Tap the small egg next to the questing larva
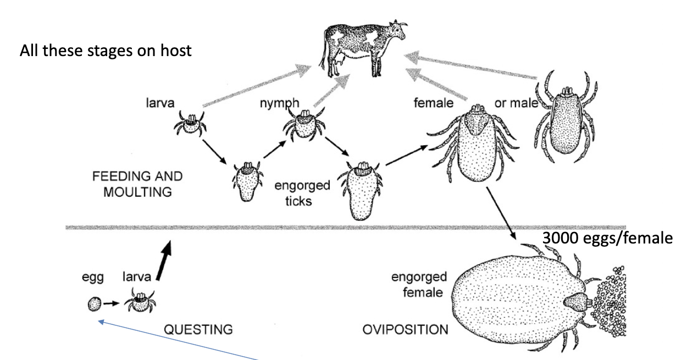(x=94, y=303)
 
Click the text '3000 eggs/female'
(x=607, y=239)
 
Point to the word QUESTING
(x=198, y=330)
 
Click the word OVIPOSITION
(x=405, y=330)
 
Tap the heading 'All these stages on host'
(x=106, y=51)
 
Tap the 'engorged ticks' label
(x=302, y=192)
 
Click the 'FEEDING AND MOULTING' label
(x=137, y=184)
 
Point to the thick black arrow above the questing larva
(x=164, y=261)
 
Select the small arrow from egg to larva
(x=112, y=303)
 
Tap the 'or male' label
(x=516, y=102)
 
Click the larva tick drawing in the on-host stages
(x=190, y=124)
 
